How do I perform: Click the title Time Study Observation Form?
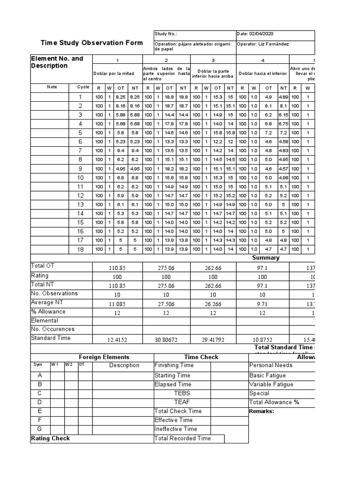(x=91, y=43)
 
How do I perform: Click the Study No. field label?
(x=166, y=34)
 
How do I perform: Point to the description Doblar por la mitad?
(x=114, y=74)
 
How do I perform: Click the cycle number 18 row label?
(x=80, y=249)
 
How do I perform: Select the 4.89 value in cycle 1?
(x=283, y=97)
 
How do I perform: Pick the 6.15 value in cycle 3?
(x=283, y=115)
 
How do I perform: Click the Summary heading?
(x=266, y=257)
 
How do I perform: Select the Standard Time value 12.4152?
(x=117, y=339)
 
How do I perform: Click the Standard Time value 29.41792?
(x=213, y=339)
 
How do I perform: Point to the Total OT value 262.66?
(x=213, y=267)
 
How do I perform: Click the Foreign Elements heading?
(x=104, y=357)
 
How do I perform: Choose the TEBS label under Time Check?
(x=182, y=393)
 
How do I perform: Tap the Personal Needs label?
(x=271, y=366)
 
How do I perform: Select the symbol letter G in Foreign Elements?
(x=40, y=429)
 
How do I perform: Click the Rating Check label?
(x=50, y=438)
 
